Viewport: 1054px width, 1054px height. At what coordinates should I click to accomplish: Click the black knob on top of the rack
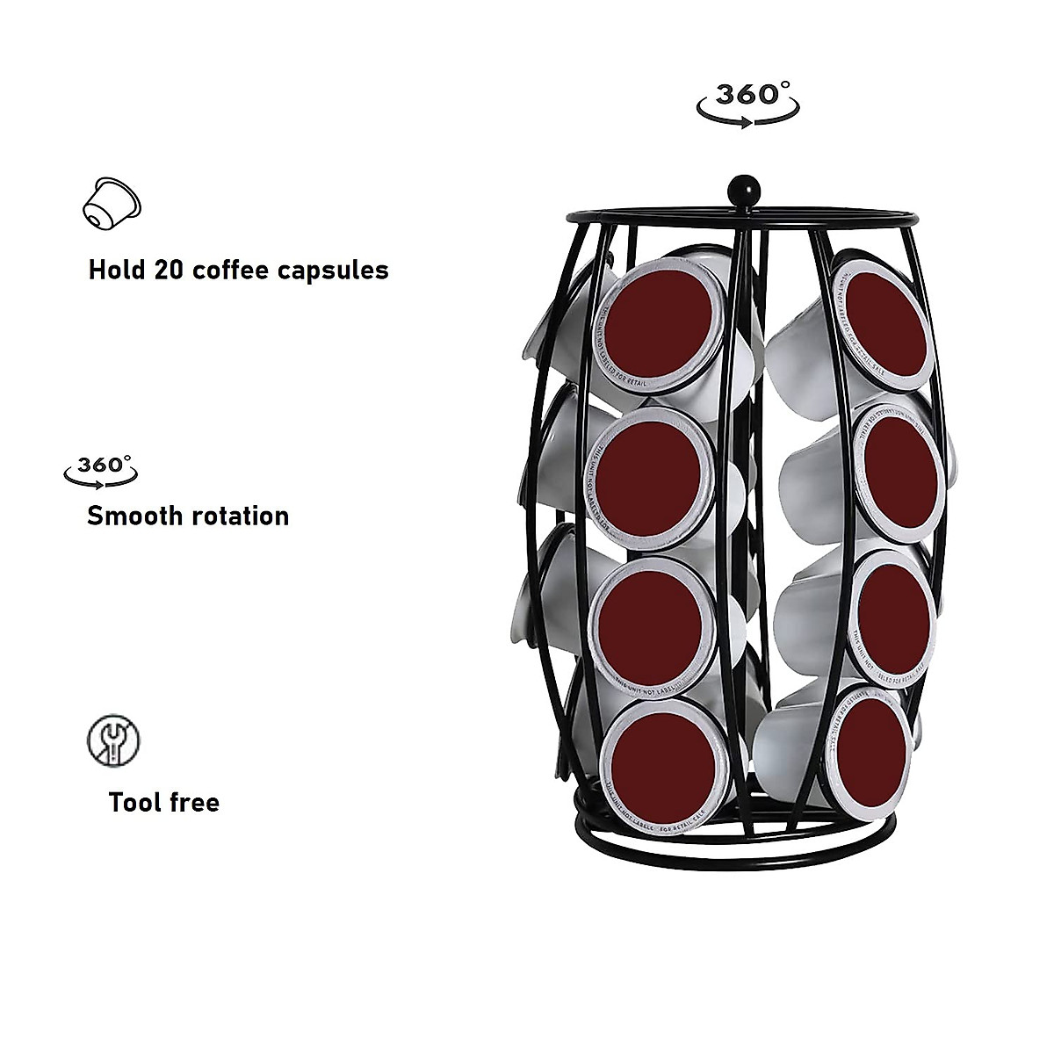tap(736, 189)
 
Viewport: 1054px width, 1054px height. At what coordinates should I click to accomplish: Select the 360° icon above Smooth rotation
tap(101, 467)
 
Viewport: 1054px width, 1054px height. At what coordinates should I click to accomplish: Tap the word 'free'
tap(193, 802)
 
